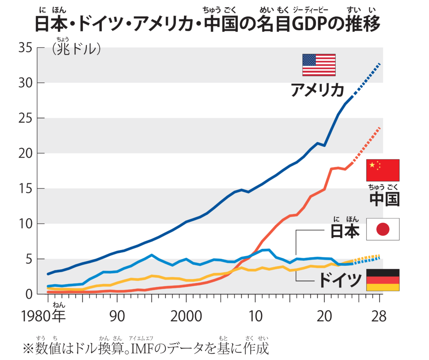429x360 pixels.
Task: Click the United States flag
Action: (x=319, y=65)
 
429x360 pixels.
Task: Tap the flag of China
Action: (x=382, y=170)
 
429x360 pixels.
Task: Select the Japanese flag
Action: (x=382, y=229)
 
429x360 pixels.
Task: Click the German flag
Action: (x=382, y=280)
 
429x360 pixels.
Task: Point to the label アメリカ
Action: (x=318, y=90)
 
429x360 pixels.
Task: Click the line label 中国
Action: (x=384, y=199)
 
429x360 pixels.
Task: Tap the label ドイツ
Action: (x=340, y=280)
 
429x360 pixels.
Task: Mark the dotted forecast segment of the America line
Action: (x=367, y=79)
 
